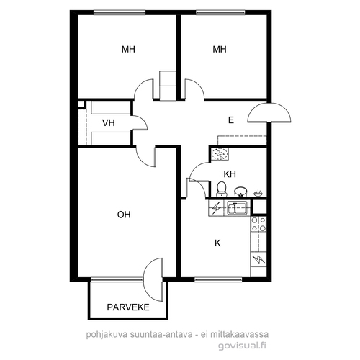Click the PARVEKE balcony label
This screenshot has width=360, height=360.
[128, 307]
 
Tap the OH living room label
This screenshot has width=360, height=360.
[124, 215]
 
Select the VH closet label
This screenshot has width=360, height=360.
[109, 123]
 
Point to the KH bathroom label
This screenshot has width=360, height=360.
[230, 174]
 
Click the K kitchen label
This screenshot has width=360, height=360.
[217, 243]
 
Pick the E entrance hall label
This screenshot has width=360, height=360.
[231, 120]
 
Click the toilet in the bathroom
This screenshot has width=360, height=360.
[221, 189]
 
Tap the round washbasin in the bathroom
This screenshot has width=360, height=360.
[240, 192]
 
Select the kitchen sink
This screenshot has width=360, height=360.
[237, 208]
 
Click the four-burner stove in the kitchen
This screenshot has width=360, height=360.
[258, 224]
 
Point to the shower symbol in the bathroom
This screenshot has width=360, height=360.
[258, 193]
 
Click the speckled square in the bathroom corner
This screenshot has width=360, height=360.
[220, 154]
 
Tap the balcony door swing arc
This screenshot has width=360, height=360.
[152, 279]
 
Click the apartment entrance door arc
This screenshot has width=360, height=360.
[269, 112]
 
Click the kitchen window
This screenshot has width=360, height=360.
[218, 279]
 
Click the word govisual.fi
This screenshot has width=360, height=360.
[242, 346]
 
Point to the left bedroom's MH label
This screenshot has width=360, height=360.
[128, 50]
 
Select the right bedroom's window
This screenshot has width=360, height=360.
[220, 12]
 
